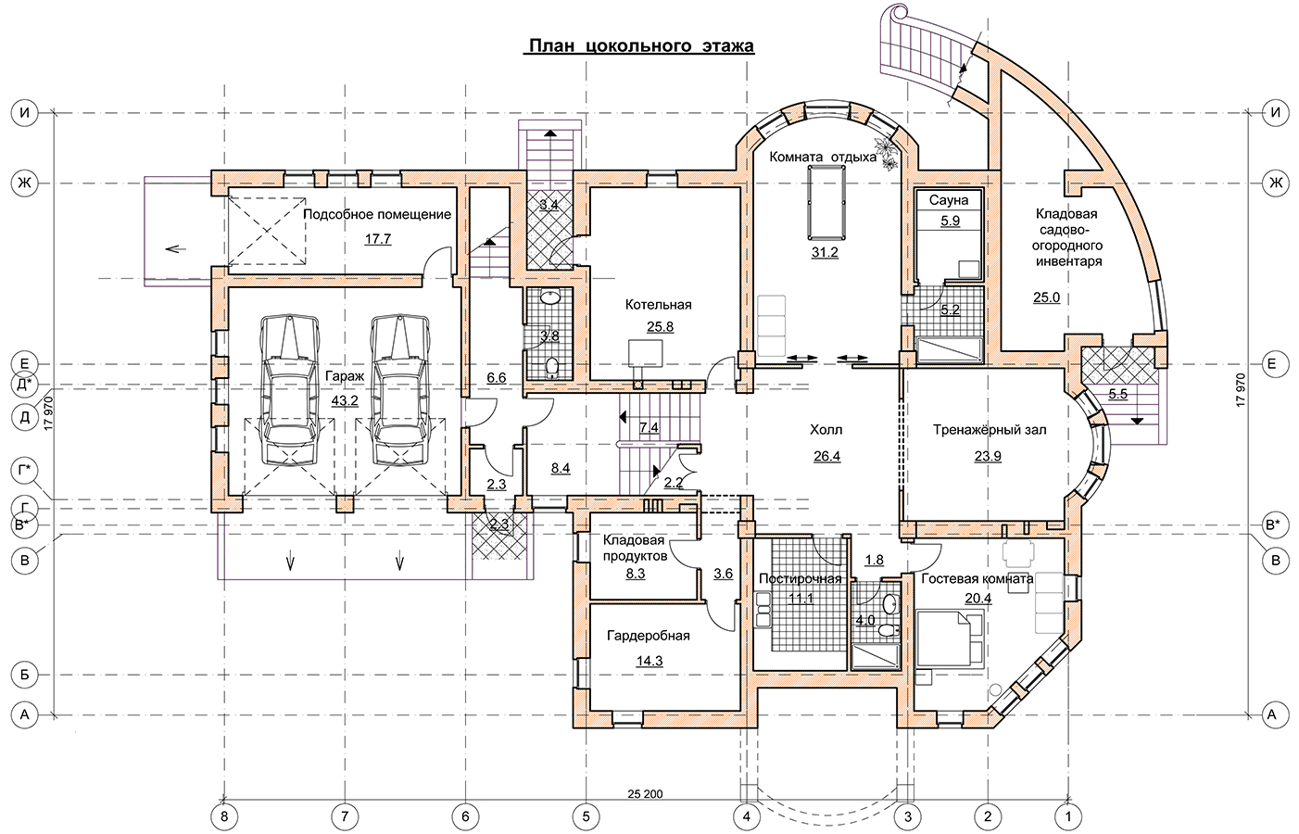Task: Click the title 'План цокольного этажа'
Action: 641,45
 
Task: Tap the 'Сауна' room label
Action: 949,200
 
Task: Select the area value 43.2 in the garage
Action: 345,400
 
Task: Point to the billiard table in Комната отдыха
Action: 826,202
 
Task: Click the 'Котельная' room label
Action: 658,305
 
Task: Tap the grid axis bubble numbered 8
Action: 224,816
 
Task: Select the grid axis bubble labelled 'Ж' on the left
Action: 24,183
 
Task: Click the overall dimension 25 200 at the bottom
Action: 645,794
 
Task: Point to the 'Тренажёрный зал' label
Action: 990,430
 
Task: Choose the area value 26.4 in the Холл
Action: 826,456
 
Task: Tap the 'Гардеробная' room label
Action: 649,636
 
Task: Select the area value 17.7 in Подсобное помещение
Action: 377,239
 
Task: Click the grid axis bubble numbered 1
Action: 1067,816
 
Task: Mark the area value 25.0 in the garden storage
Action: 1046,297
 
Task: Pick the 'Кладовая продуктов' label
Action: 635,548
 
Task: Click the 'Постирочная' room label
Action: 800,579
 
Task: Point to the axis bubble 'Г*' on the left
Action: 24,471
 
